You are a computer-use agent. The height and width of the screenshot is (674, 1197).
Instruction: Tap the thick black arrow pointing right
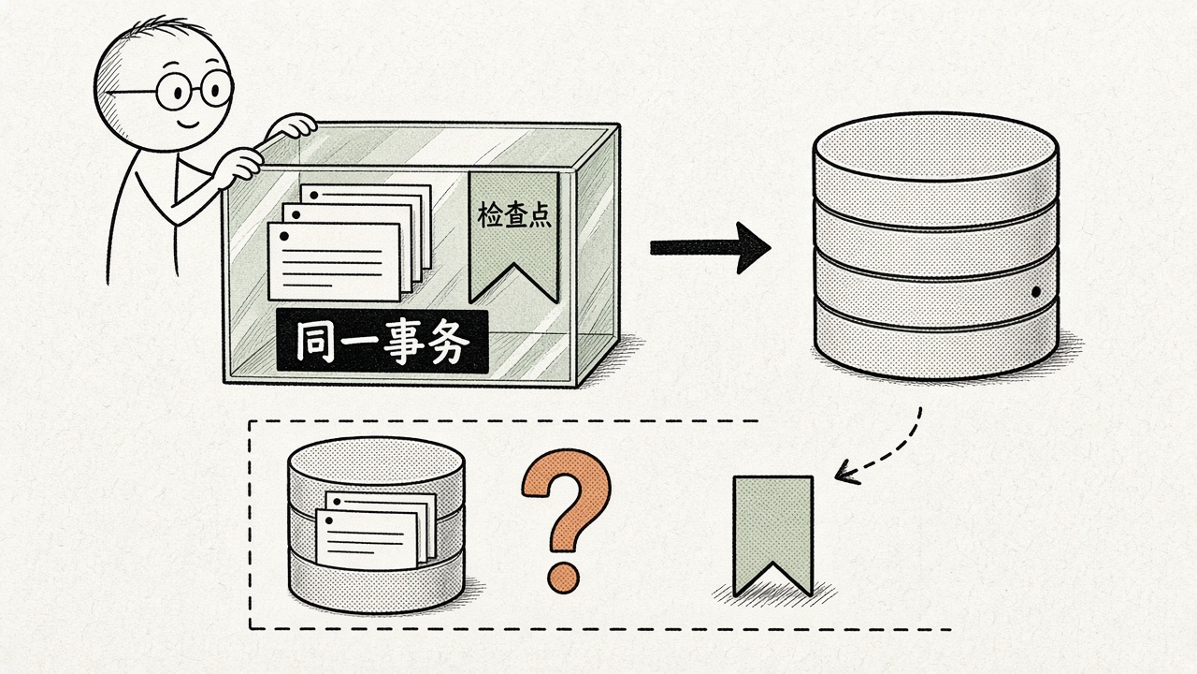[710, 248]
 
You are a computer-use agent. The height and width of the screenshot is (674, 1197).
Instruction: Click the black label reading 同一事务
[382, 341]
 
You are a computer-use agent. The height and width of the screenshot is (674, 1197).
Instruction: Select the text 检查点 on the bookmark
[513, 214]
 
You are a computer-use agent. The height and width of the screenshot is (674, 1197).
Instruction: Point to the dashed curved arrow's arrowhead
[844, 473]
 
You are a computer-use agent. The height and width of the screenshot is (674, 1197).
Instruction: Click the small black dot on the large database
[1035, 292]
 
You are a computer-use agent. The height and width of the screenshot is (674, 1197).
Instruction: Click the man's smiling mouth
[188, 125]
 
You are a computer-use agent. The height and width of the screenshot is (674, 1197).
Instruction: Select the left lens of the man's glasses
[176, 92]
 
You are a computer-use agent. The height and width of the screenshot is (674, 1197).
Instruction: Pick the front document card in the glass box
[334, 262]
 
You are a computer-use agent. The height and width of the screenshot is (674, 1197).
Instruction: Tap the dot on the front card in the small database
[328, 520]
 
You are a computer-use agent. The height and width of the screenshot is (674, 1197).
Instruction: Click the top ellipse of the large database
[935, 146]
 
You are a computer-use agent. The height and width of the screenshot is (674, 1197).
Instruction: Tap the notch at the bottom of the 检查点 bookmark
[513, 265]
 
